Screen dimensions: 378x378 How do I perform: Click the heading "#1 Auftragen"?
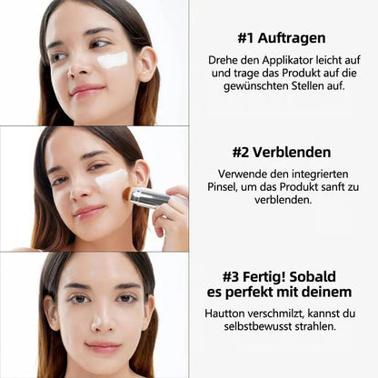pyautogui.click(x=283, y=39)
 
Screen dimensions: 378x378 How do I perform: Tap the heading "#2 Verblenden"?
pyautogui.click(x=283, y=152)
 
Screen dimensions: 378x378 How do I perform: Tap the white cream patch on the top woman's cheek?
pyautogui.click(x=113, y=60)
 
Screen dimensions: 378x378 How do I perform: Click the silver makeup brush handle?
pyautogui.click(x=149, y=197)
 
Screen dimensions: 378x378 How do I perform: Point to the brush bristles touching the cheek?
pyautogui.click(x=128, y=193)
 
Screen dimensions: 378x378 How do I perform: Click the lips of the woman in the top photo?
pyautogui.click(x=86, y=90)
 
